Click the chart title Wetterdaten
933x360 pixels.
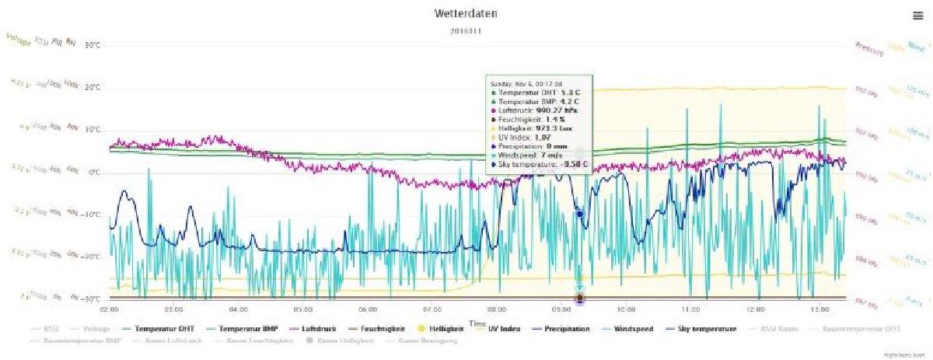click(x=466, y=14)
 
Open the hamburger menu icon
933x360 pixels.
click(x=917, y=16)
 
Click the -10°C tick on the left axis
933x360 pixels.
click(x=90, y=214)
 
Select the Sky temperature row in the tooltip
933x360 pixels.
click(x=539, y=164)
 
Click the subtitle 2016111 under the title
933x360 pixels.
click(x=466, y=31)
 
